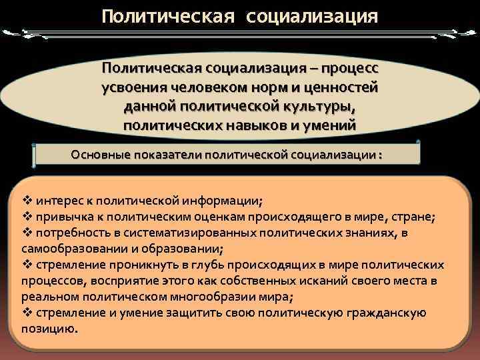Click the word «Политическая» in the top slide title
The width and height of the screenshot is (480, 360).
(167, 15)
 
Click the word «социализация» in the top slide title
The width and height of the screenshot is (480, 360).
(311, 15)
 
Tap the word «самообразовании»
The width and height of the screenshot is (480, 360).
(73, 249)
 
